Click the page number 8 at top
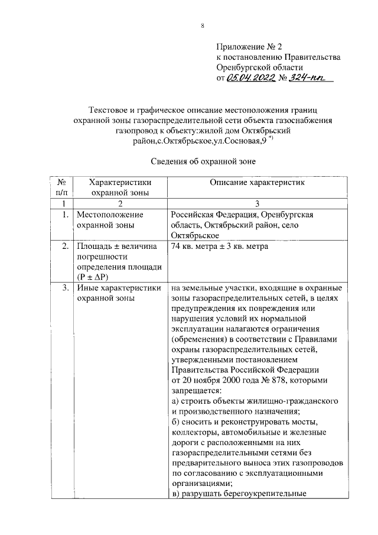[x=203, y=26]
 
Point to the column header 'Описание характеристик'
[x=257, y=183]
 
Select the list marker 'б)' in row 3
[x=176, y=422]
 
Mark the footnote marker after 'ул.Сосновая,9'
[x=271, y=138]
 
